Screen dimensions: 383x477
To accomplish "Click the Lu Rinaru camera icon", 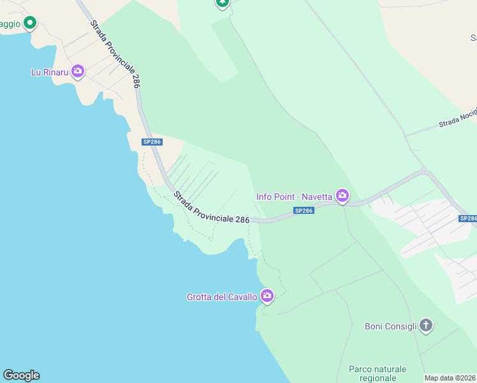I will tap(78, 71).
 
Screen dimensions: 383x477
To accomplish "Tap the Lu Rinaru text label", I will tap(50, 72).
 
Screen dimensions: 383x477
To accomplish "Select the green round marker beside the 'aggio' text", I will tap(29, 24).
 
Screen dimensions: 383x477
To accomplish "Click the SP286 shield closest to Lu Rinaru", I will tap(152, 142).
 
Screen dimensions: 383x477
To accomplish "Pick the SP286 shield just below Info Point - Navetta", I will tap(304, 211).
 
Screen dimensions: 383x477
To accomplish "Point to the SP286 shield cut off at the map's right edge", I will tap(467, 218).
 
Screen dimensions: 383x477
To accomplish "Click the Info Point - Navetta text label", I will tap(294, 197).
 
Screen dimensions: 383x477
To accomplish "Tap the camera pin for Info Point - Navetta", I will tap(342, 196).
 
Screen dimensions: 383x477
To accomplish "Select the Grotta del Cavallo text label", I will tap(222, 297).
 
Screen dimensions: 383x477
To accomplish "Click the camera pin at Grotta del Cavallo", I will tap(267, 296).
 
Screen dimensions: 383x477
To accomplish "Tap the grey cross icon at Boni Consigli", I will tap(426, 326).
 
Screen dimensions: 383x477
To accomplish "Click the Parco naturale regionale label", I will tap(378, 373).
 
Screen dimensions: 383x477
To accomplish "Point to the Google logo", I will tap(21, 375).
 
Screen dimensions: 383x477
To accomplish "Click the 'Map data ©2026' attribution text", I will tap(450, 378).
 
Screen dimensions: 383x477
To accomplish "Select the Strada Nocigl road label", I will tap(457, 119).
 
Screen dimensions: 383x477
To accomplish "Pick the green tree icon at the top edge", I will tap(222, 3).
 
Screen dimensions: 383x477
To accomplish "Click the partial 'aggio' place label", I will tap(10, 24).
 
